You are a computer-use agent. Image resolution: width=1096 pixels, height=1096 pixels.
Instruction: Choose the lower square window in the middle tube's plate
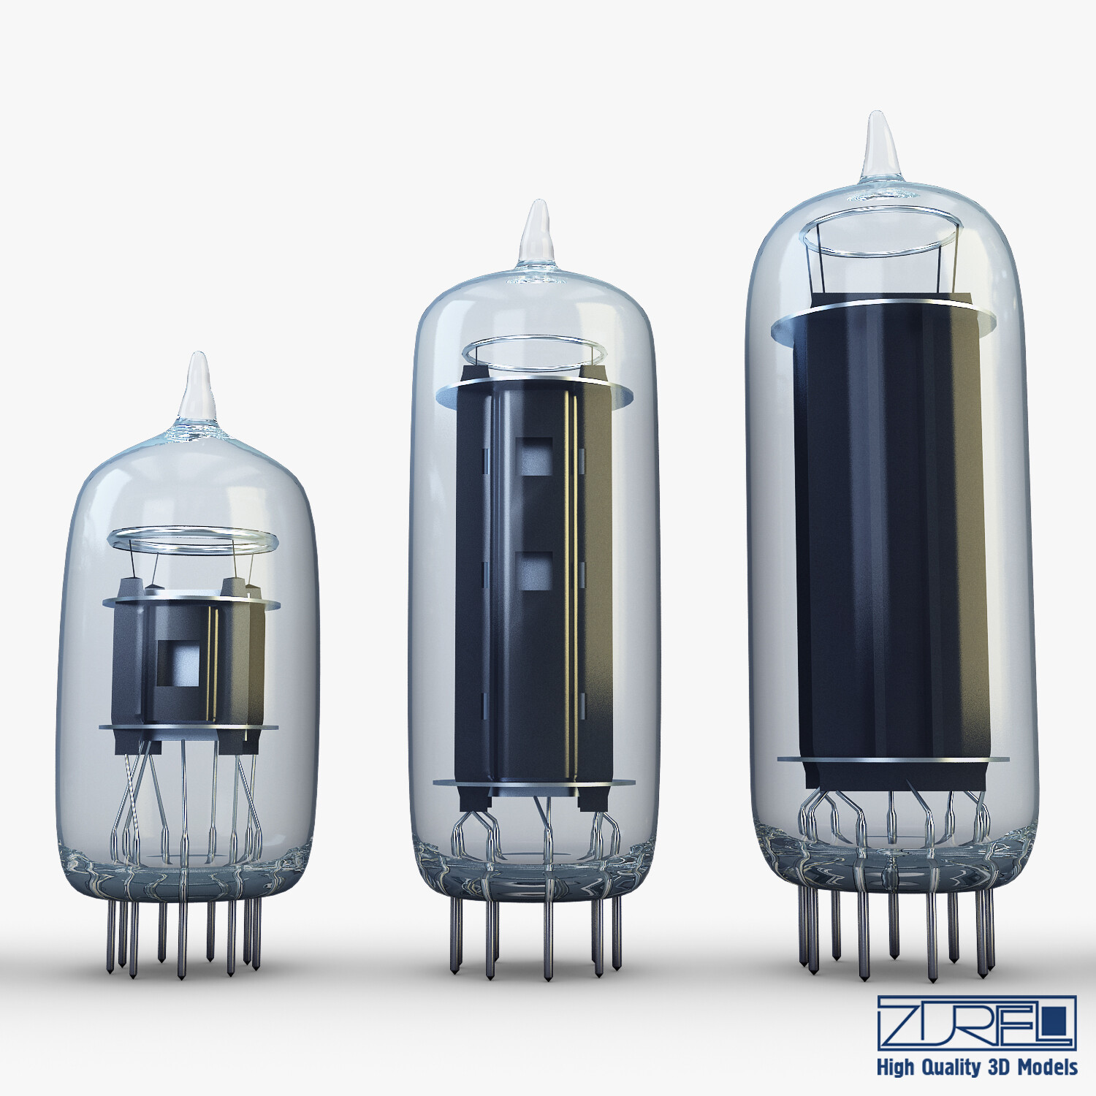[534, 571]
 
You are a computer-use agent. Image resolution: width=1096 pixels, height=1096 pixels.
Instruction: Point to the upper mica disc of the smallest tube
[191, 602]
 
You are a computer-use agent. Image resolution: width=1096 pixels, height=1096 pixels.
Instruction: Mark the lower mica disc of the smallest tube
[189, 727]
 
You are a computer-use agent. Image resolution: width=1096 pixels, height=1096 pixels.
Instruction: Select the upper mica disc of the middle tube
[534, 395]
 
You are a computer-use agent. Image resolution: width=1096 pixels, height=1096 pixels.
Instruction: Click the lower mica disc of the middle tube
[534, 783]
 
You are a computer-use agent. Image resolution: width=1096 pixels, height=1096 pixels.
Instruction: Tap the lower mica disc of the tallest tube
[893, 760]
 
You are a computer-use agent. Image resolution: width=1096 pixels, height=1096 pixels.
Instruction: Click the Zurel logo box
[977, 1022]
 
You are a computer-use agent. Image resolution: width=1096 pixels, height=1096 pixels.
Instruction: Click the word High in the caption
[895, 1068]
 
